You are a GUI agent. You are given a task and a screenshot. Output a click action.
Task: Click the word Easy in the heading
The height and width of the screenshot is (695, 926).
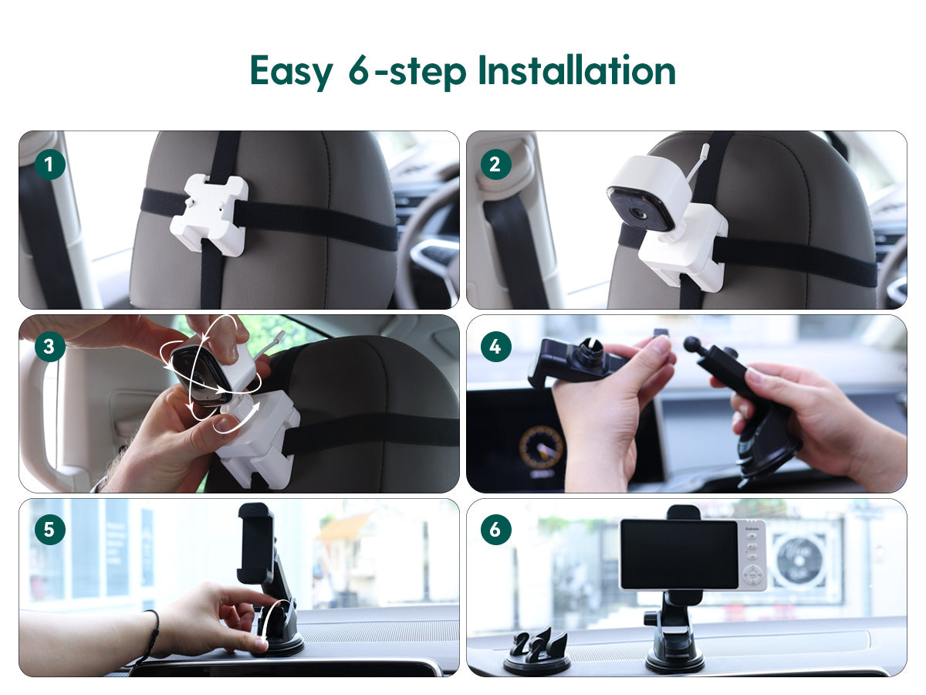click(292, 71)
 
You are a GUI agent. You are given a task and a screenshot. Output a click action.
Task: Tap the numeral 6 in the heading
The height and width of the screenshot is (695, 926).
click(360, 70)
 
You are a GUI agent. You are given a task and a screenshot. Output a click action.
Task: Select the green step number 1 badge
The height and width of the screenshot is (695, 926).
click(50, 164)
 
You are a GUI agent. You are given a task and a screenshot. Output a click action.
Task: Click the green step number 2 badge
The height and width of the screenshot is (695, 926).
click(495, 164)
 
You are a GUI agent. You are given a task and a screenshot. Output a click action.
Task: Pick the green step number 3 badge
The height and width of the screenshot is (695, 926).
click(50, 347)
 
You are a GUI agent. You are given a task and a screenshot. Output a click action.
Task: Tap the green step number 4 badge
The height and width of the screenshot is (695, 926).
click(495, 347)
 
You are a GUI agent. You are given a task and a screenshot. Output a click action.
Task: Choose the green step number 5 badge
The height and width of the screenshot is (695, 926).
click(50, 530)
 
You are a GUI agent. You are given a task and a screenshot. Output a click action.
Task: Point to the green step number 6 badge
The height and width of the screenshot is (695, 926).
click(495, 530)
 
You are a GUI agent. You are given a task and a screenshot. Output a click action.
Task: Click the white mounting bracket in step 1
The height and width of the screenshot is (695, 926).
click(209, 215)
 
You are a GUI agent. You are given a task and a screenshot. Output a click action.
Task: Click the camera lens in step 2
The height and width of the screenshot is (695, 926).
click(637, 214)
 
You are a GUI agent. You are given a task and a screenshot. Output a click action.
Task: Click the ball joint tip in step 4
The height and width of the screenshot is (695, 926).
click(692, 344)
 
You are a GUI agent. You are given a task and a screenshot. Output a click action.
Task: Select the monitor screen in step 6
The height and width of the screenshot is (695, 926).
click(679, 554)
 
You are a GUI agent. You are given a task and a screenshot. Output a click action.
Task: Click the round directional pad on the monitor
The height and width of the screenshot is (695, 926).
click(753, 575)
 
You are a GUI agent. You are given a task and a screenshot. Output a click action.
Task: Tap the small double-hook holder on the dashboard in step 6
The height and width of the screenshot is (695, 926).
click(536, 651)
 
